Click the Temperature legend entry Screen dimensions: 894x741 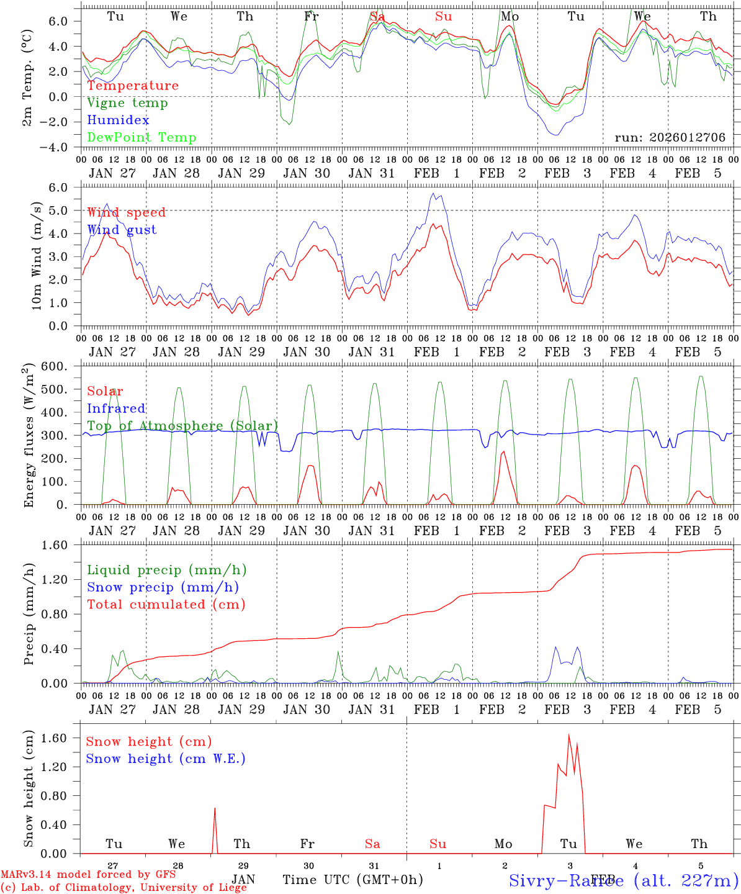point(132,86)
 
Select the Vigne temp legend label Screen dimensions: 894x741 point(127,103)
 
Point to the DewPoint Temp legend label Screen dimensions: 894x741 point(141,138)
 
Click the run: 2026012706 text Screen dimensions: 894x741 point(670,138)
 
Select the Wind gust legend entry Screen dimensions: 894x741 point(122,230)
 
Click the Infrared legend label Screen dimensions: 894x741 point(116,409)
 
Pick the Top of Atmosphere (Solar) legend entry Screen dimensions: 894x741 point(182,426)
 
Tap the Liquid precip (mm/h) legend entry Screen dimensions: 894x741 point(166,570)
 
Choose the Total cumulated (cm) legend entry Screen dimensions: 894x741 point(166,604)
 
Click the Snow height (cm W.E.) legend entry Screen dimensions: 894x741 point(165,759)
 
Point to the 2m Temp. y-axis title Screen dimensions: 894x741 point(27,81)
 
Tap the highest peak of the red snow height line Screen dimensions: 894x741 point(568,735)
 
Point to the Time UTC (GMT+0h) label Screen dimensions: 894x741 point(353,880)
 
